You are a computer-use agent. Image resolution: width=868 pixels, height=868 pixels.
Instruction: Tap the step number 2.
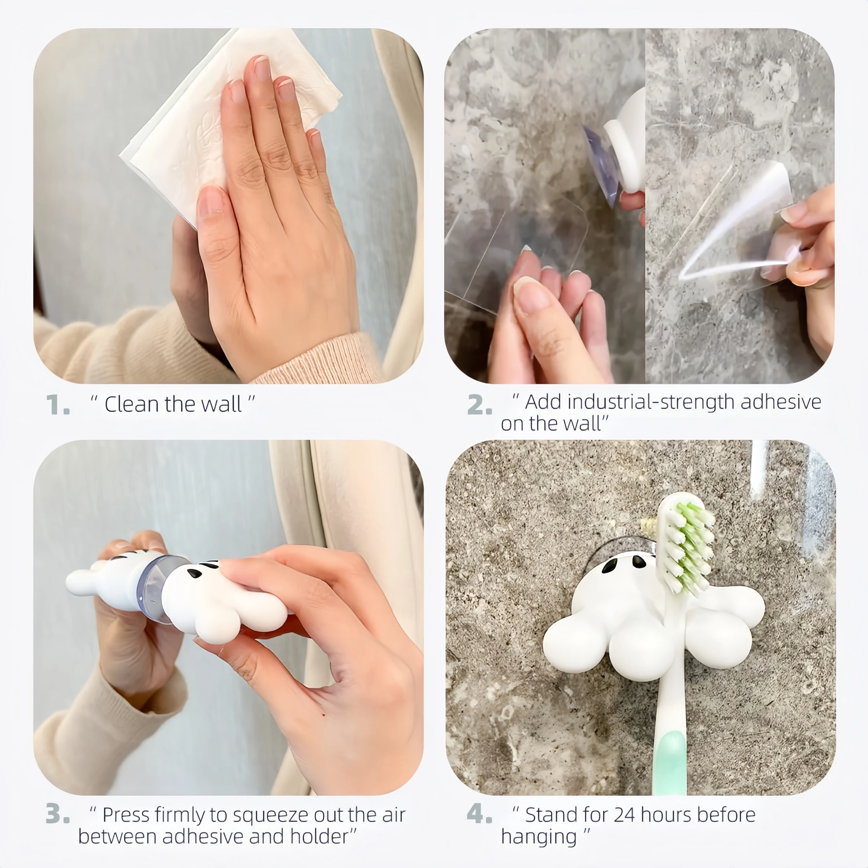[x=479, y=404]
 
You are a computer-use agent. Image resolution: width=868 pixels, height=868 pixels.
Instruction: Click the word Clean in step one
[x=132, y=404]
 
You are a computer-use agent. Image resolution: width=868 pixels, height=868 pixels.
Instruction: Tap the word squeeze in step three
[x=271, y=815]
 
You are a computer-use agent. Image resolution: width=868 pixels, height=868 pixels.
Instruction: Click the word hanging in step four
[x=538, y=837]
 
